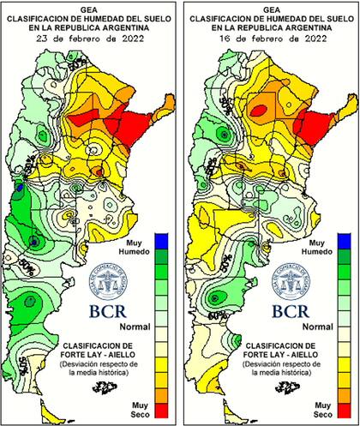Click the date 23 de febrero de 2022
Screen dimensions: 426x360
point(89,39)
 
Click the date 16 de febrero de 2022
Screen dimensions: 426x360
point(270,39)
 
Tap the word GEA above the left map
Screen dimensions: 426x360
point(90,6)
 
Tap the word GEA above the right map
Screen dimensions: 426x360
point(271,6)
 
